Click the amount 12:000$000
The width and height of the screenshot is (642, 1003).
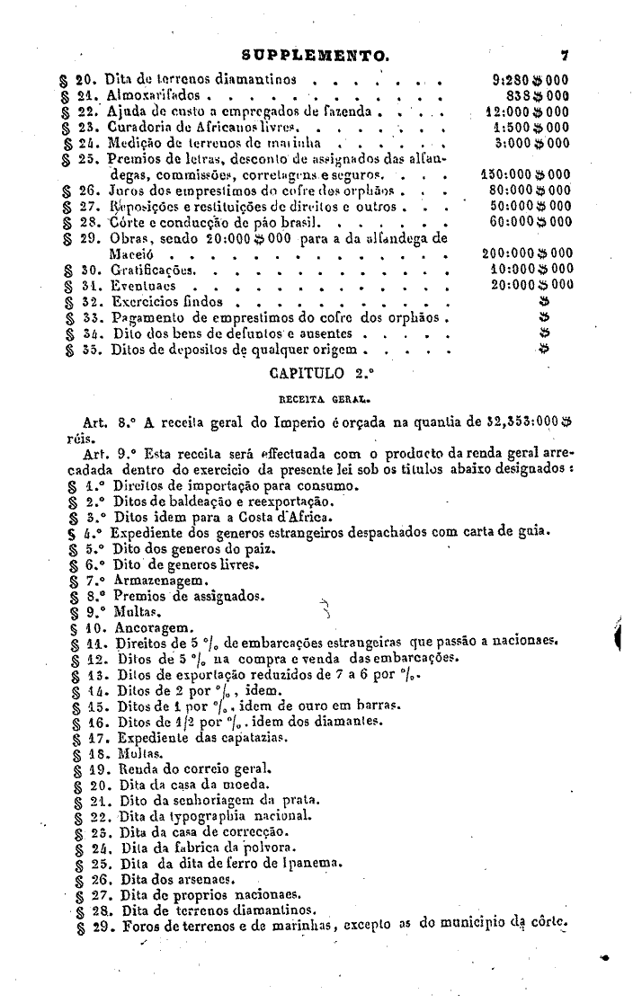527,111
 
